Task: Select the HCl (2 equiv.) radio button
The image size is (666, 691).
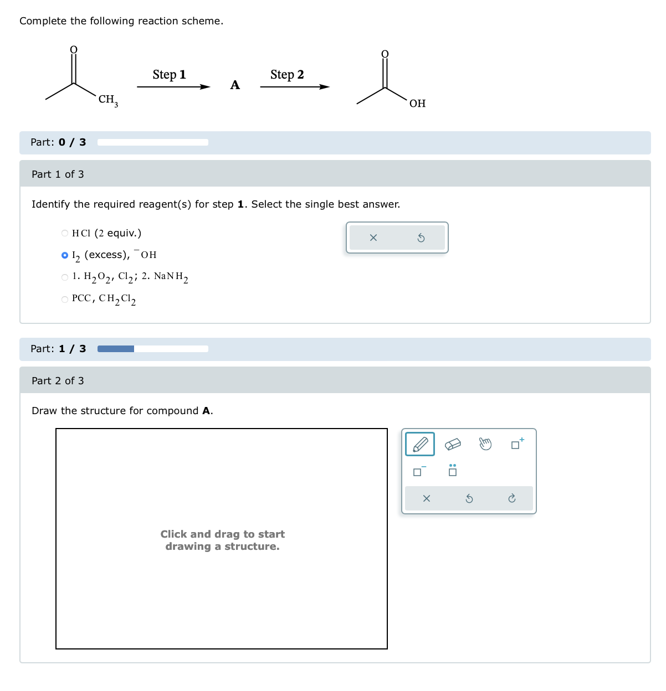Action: tap(65, 233)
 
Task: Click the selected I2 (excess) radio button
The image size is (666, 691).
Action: tap(65, 255)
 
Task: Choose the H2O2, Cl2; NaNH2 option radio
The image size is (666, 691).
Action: tap(65, 277)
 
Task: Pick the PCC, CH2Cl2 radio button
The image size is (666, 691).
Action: tap(65, 299)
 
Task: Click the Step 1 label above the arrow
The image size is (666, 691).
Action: tap(169, 75)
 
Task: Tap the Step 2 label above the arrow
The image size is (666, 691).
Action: tap(287, 75)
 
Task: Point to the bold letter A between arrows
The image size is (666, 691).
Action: tap(235, 85)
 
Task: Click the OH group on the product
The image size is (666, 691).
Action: tap(417, 104)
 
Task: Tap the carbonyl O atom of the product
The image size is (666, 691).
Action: tap(385, 54)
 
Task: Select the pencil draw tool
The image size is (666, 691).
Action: tap(420, 444)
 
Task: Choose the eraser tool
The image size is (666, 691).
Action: tap(453, 444)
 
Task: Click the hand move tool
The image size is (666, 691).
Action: tap(485, 444)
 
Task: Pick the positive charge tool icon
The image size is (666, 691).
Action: tap(517, 444)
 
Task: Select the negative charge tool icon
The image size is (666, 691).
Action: tap(419, 471)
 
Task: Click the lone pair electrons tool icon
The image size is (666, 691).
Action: tap(453, 471)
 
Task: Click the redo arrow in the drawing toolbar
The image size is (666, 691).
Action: tap(512, 499)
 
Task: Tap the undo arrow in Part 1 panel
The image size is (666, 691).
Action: tap(421, 238)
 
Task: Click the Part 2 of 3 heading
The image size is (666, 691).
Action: tap(58, 381)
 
